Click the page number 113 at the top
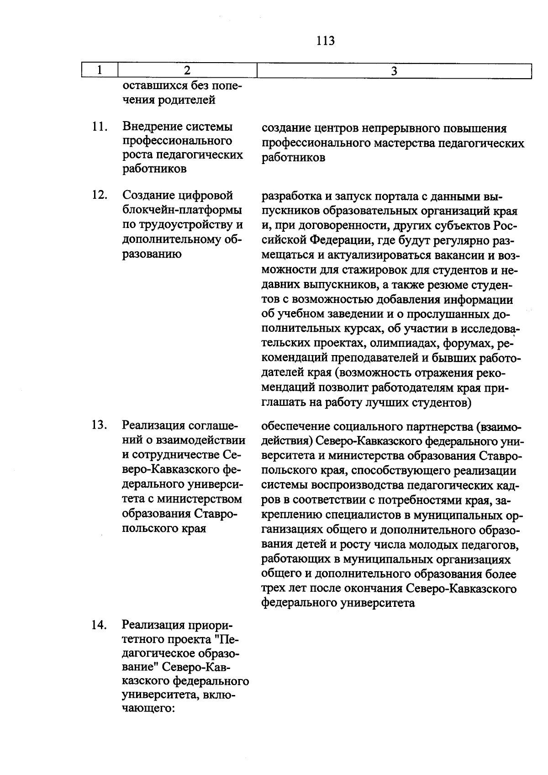325,41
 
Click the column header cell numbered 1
100,70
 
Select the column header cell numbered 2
187,70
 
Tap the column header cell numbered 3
394,71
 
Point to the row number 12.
99,196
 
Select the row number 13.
99,426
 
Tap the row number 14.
99,625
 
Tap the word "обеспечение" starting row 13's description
296,426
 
